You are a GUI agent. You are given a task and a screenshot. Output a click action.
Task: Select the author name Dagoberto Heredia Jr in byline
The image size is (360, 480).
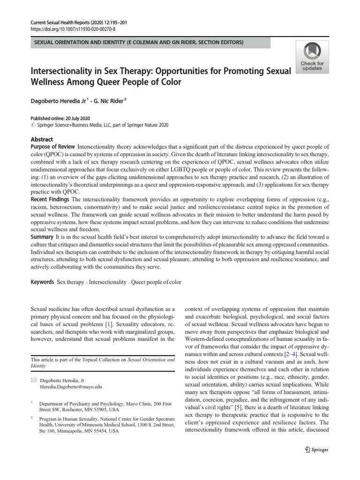[58, 100]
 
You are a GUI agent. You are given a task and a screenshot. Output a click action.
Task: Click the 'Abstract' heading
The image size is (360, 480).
[42, 140]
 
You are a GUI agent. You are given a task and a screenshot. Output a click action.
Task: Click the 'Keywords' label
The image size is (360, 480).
[42, 282]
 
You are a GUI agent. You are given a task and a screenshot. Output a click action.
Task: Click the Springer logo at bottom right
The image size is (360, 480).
[317, 450]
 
